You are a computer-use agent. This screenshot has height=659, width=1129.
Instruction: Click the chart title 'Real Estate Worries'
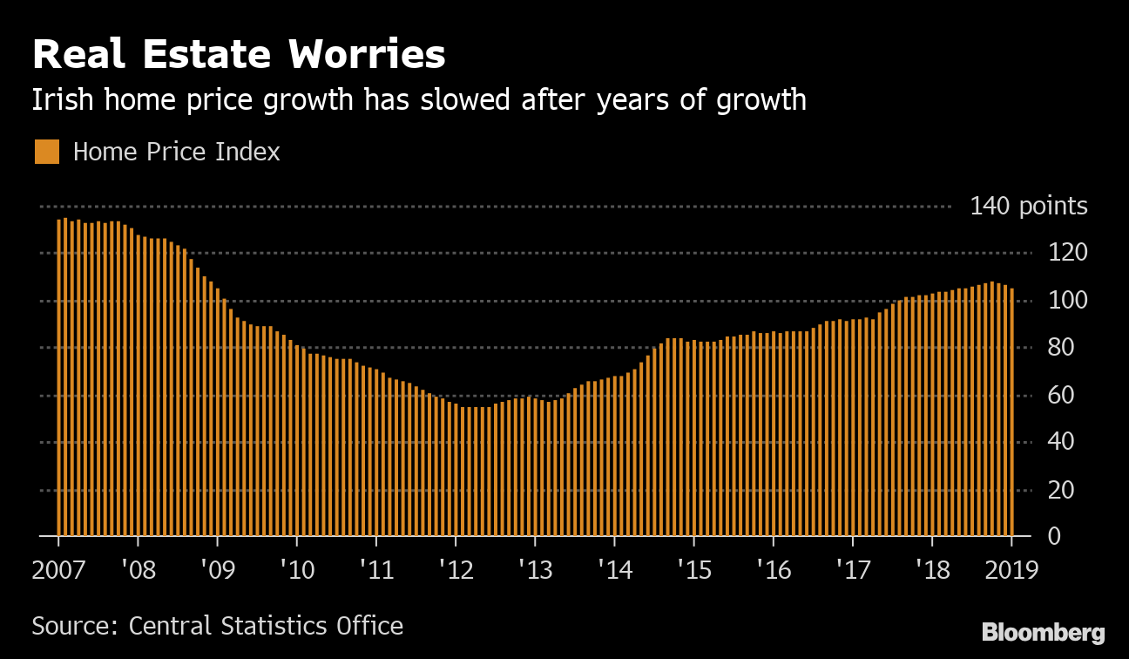[x=239, y=55]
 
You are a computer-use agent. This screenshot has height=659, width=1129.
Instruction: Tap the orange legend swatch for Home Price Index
[x=47, y=152]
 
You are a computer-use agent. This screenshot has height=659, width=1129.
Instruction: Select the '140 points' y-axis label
[x=1028, y=207]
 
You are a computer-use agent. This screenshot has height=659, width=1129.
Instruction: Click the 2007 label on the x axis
[x=58, y=571]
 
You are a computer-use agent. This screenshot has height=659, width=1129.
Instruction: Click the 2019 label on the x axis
[x=1011, y=571]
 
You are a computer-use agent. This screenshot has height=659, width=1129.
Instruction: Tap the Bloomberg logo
[x=1043, y=632]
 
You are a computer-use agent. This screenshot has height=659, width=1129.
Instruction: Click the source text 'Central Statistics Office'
[x=266, y=626]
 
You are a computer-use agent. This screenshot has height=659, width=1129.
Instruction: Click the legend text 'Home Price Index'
[x=177, y=152]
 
